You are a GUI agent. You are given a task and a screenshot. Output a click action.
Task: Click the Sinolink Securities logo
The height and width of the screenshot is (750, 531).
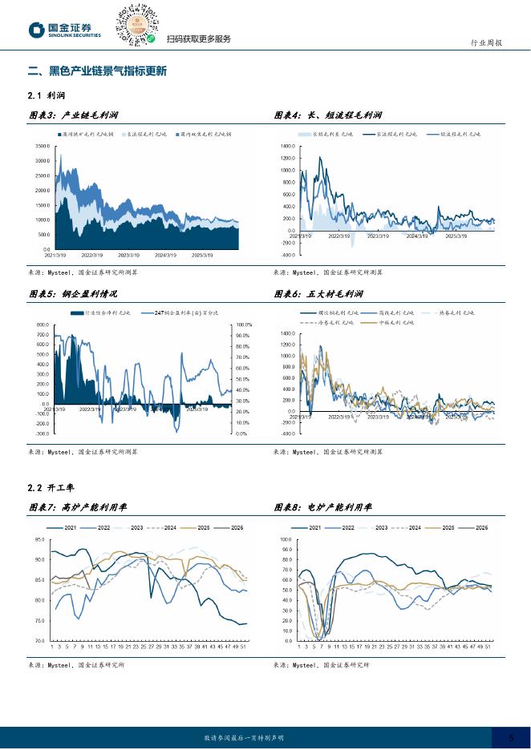[66, 30]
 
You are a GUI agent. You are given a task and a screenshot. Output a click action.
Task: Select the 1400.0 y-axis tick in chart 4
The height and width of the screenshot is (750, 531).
[289, 147]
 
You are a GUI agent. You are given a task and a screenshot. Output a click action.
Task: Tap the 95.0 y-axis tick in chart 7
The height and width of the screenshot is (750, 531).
[39, 539]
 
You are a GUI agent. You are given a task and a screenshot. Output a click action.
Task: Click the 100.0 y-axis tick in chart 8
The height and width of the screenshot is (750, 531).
[286, 539]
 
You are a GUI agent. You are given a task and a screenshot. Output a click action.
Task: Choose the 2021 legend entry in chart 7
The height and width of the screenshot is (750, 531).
[65, 527]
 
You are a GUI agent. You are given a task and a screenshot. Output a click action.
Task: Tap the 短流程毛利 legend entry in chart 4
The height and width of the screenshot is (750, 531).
[459, 135]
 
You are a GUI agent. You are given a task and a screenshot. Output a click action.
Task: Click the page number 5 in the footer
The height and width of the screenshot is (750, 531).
[512, 737]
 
